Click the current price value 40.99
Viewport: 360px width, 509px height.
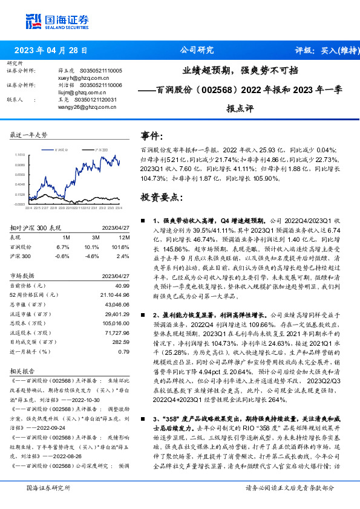point(123,285)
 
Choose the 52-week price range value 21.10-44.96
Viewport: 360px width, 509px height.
point(116,294)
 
